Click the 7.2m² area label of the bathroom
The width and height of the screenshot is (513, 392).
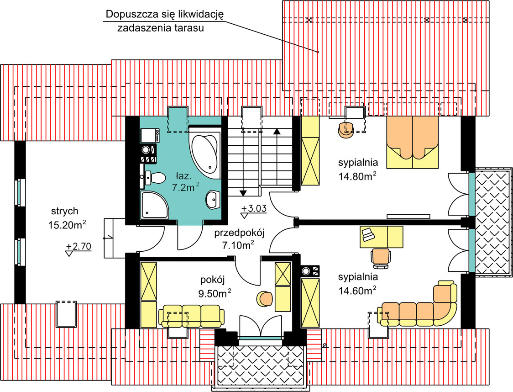tap(185, 187)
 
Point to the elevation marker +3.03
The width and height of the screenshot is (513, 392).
tap(254, 209)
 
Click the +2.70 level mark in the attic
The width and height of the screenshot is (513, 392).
tap(79, 247)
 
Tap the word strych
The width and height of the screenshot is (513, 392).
tap(65, 211)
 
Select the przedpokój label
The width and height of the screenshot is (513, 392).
tap(239, 233)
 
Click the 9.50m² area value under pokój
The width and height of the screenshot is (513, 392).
tap(215, 293)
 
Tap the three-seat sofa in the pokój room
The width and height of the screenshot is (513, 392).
tap(191, 316)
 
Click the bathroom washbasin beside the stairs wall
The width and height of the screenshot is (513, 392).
tap(213, 199)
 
